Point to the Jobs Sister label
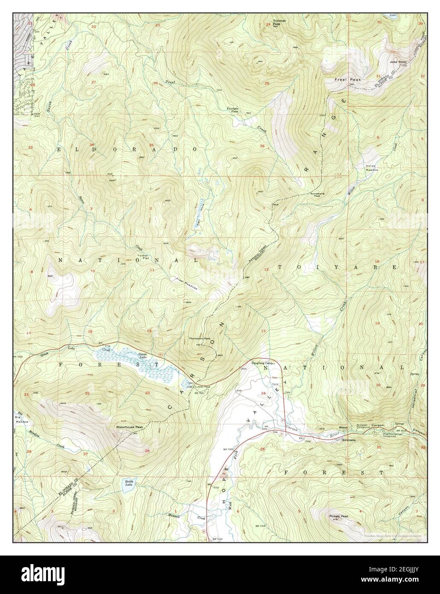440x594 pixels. click(398, 62)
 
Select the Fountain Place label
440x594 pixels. click(232, 110)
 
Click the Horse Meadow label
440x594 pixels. click(372, 168)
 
